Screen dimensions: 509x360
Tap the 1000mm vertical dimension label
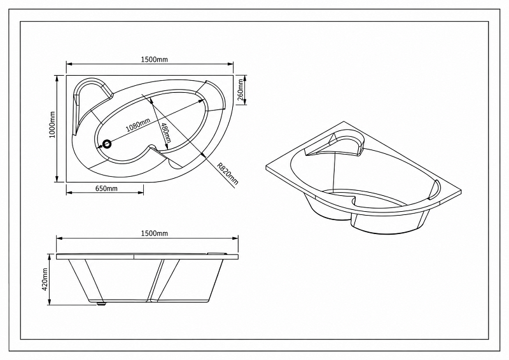click(x=52, y=124)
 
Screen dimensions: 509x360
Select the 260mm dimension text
click(x=241, y=90)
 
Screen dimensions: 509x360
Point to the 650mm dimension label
click(x=106, y=188)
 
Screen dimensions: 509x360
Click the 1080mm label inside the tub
click(x=138, y=125)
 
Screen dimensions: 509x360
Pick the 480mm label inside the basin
click(x=165, y=133)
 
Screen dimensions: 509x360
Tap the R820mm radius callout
click(x=228, y=174)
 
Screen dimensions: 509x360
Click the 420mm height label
click(x=45, y=279)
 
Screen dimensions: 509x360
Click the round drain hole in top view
click(x=106, y=144)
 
